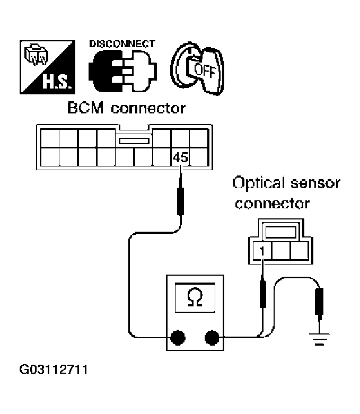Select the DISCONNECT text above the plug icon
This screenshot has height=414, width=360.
(122, 44)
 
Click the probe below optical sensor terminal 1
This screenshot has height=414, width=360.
(262, 294)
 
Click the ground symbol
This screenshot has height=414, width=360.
(319, 338)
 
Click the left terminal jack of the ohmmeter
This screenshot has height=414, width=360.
(178, 336)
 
